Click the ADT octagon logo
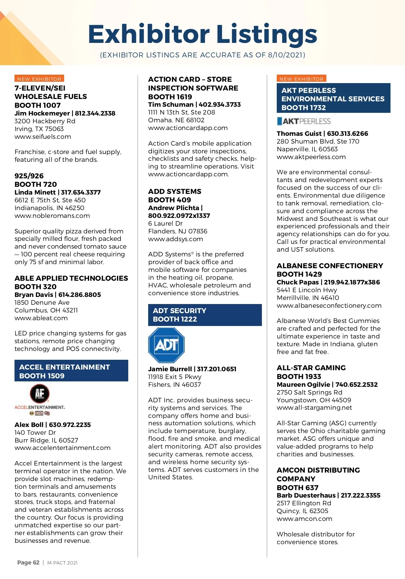(x=166, y=345)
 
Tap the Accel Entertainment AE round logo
(x=40, y=394)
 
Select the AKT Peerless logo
(x=303, y=121)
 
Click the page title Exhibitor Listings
(x=202, y=34)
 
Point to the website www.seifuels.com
(x=43, y=137)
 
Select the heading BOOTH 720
(x=35, y=184)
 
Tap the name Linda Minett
(x=35, y=193)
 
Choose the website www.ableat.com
(x=41, y=318)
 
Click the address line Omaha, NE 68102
(x=176, y=120)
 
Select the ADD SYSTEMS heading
(x=174, y=192)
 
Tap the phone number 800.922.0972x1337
(x=179, y=216)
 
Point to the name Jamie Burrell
(x=170, y=369)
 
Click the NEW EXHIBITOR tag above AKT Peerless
(x=301, y=79)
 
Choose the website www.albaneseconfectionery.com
(x=329, y=306)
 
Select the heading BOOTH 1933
(x=299, y=377)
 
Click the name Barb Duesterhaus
(x=306, y=496)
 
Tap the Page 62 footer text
(x=28, y=562)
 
